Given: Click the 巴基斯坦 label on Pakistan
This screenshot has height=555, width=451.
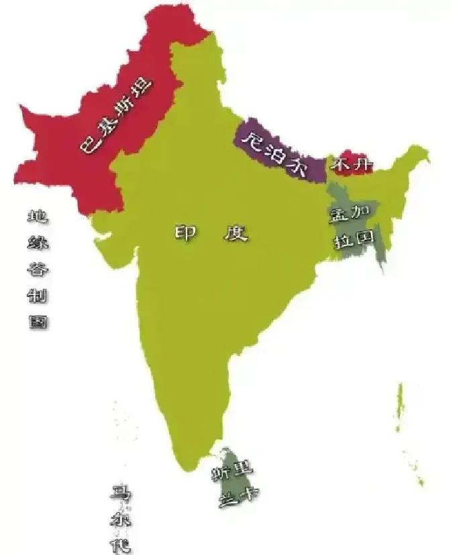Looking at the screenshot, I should coord(116,118).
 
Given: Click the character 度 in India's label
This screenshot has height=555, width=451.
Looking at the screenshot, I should coord(236,233).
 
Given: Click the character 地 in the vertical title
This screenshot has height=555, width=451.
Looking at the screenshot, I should coord(37,217).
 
